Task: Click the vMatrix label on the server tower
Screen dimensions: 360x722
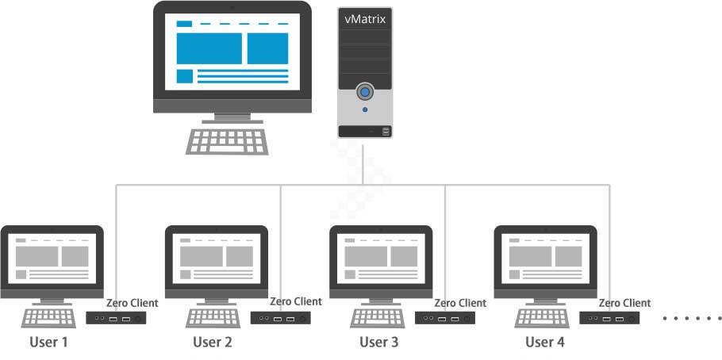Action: point(365,18)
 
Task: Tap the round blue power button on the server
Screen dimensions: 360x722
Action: point(365,91)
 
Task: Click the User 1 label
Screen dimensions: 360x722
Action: point(48,343)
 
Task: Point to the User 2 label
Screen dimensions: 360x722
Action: point(213,343)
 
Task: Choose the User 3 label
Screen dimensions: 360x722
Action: point(379,343)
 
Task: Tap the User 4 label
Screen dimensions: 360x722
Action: point(545,343)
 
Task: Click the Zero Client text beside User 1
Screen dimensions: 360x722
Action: point(132,303)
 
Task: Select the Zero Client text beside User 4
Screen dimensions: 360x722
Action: point(624,303)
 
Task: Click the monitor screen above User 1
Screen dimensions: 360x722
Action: point(52,257)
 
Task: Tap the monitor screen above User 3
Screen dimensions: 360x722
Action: point(381,257)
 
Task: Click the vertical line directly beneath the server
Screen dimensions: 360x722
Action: point(363,163)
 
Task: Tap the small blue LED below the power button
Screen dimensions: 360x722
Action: point(365,109)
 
